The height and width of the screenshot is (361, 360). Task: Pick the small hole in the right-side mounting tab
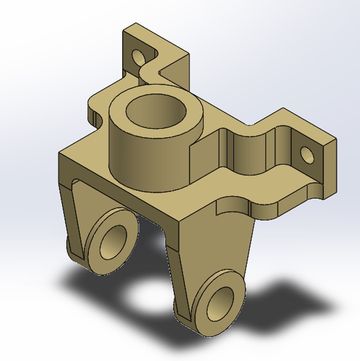tap(307, 155)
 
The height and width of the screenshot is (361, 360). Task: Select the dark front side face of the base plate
tap(117, 194)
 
